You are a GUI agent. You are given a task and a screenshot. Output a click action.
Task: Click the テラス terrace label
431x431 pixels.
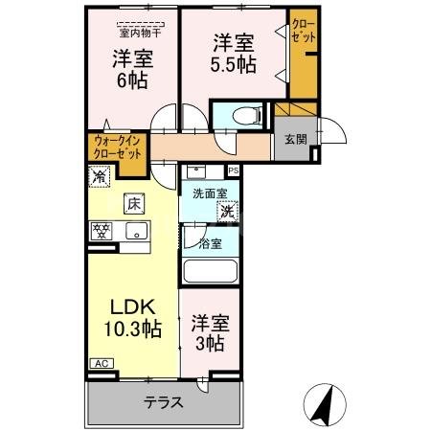coord(165,402)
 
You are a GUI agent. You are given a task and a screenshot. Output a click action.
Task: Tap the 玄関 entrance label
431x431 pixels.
coord(295,138)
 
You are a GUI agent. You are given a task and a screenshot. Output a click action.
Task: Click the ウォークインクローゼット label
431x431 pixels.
coord(117,147)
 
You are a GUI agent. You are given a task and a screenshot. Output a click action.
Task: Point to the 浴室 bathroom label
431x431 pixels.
coord(211,243)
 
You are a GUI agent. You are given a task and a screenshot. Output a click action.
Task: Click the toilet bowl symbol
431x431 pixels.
coord(243,117)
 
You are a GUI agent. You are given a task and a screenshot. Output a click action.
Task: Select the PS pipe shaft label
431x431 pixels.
coord(234,171)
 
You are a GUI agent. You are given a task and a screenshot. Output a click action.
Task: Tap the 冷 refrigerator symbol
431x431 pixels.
coord(100,176)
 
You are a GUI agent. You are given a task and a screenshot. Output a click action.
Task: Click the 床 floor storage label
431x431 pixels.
coord(132,203)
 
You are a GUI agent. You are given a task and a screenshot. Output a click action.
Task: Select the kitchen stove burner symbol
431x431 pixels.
coord(102,231)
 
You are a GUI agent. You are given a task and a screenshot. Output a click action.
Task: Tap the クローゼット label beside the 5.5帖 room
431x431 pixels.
coord(302,30)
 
